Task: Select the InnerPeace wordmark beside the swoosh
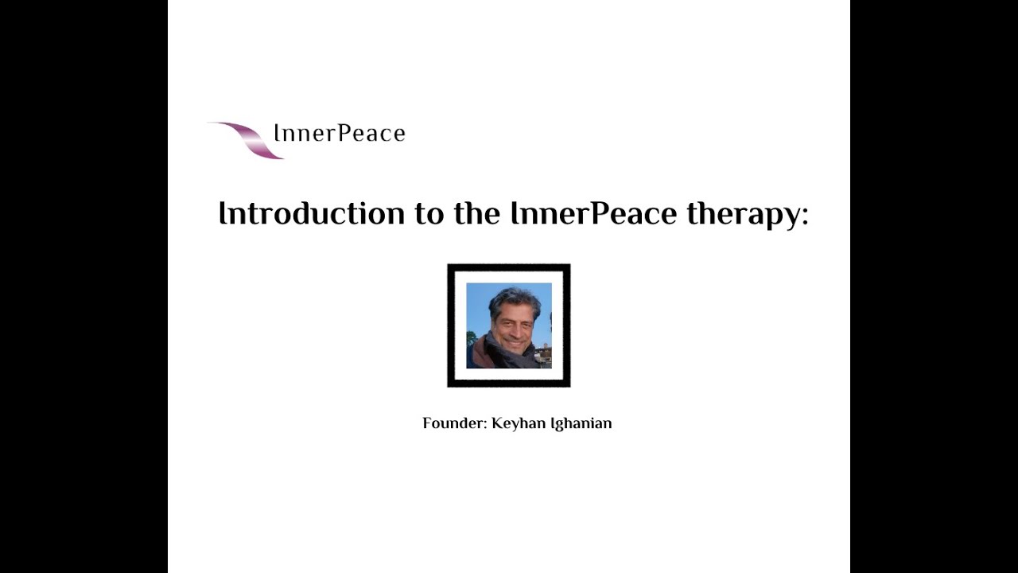click(340, 133)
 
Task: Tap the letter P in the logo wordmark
click(344, 132)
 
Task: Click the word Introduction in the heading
click(311, 213)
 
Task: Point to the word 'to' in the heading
click(429, 214)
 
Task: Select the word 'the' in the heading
click(476, 213)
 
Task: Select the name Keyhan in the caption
click(518, 424)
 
